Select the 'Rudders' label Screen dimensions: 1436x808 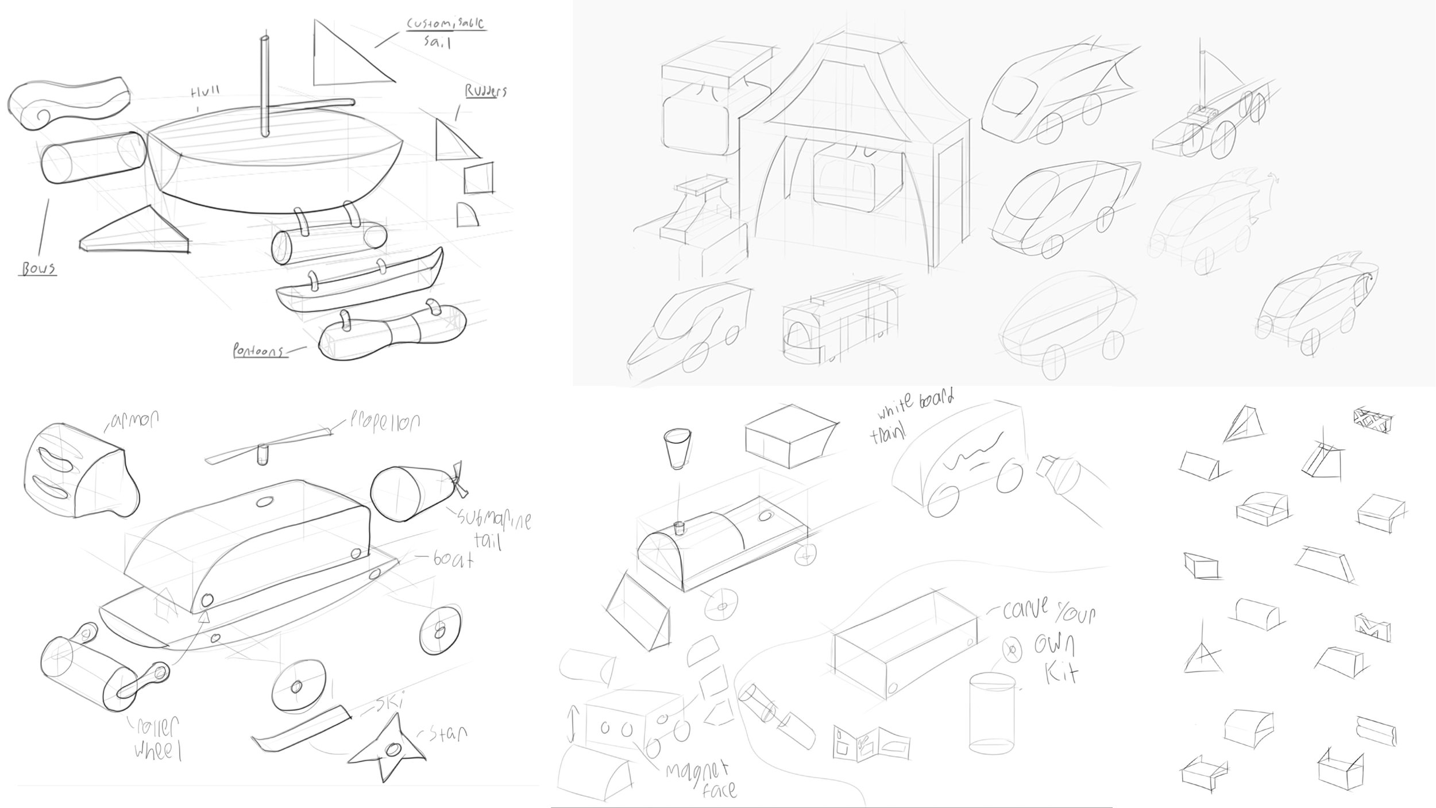(x=485, y=91)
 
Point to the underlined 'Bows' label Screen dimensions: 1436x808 (x=38, y=268)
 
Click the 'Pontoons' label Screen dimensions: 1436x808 (x=258, y=351)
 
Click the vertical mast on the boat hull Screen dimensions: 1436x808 (x=264, y=86)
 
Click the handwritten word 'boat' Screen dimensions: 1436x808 (x=454, y=559)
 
